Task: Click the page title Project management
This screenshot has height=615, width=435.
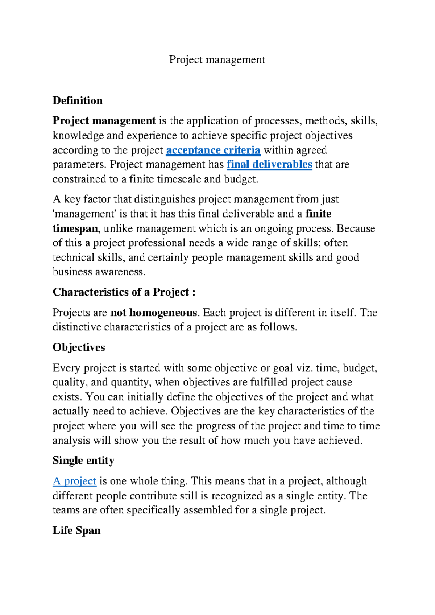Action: pyautogui.click(x=217, y=60)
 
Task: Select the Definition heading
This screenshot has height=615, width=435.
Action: pyautogui.click(x=77, y=101)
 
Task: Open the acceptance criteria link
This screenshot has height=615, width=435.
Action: pyautogui.click(x=213, y=150)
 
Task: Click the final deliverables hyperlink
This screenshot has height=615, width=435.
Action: pyautogui.click(x=269, y=165)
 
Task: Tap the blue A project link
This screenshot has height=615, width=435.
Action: pyautogui.click(x=74, y=481)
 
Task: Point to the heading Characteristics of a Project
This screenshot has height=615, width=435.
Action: pyautogui.click(x=124, y=292)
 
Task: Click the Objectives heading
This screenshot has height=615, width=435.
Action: pyautogui.click(x=79, y=347)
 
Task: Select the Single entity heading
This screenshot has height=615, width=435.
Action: pyautogui.click(x=83, y=461)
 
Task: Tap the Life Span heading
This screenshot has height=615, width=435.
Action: pyautogui.click(x=76, y=531)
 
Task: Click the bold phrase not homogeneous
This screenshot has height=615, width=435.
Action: pyautogui.click(x=154, y=313)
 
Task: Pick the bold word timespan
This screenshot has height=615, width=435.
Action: pyautogui.click(x=75, y=229)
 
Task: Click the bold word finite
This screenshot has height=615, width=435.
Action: pyautogui.click(x=318, y=214)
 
